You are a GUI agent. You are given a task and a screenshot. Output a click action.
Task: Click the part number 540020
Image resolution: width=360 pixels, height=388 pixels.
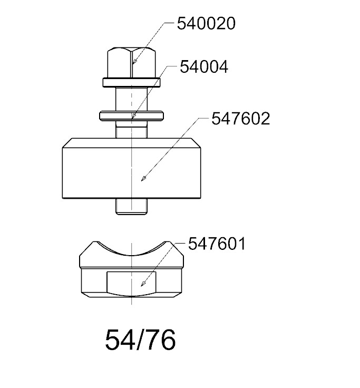pos(206,24)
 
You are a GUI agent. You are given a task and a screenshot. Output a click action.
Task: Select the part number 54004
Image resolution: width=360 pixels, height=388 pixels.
pos(204,67)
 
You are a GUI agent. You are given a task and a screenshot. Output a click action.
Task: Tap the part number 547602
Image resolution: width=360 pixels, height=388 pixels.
pos(240,119)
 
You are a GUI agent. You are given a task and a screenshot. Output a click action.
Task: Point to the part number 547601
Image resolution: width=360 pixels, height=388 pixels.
pos(217,244)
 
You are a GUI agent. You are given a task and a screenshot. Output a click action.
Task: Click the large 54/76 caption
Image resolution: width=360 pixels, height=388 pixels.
pos(141,339)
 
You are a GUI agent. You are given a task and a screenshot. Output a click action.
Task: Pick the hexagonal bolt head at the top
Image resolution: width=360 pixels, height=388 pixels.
pos(132,62)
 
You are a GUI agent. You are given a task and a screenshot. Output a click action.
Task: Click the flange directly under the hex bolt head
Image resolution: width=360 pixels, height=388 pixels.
pos(132,83)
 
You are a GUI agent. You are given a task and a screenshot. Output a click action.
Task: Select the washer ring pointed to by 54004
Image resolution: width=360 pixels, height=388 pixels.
pos(131,116)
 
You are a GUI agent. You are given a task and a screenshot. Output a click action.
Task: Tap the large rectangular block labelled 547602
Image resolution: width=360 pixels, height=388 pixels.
pos(131,168)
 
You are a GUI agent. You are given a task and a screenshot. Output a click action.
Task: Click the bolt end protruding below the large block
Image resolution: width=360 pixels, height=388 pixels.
pos(131,206)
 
